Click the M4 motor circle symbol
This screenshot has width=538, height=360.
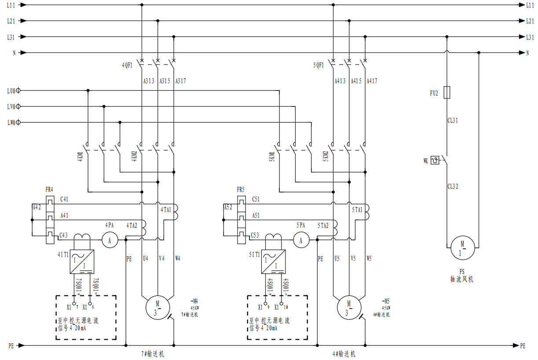pyautogui.click(x=157, y=307)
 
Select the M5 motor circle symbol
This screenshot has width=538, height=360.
pyautogui.click(x=349, y=307)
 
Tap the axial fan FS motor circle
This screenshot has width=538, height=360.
pyautogui.click(x=462, y=248)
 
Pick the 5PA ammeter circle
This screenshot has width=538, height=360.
pyautogui.click(x=301, y=240)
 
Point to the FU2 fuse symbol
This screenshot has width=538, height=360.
pyautogui.click(x=447, y=93)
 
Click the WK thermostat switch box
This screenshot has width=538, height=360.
pyautogui.click(x=435, y=160)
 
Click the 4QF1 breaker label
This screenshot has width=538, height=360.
pyautogui.click(x=127, y=65)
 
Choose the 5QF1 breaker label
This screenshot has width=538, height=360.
pyautogui.click(x=318, y=65)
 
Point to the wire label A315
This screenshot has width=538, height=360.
pyautogui.click(x=165, y=81)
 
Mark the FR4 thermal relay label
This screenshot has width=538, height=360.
pyautogui.click(x=49, y=190)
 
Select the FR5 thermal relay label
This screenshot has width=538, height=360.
pyautogui.click(x=240, y=190)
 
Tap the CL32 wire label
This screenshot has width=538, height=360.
pyautogui.click(x=453, y=186)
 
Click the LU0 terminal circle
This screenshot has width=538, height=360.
pyautogui.click(x=18, y=91)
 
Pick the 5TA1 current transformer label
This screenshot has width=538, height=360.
pyautogui.click(x=357, y=210)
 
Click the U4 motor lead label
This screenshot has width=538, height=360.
pyautogui.click(x=146, y=258)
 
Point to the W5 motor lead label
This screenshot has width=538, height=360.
pyautogui.click(x=369, y=258)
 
